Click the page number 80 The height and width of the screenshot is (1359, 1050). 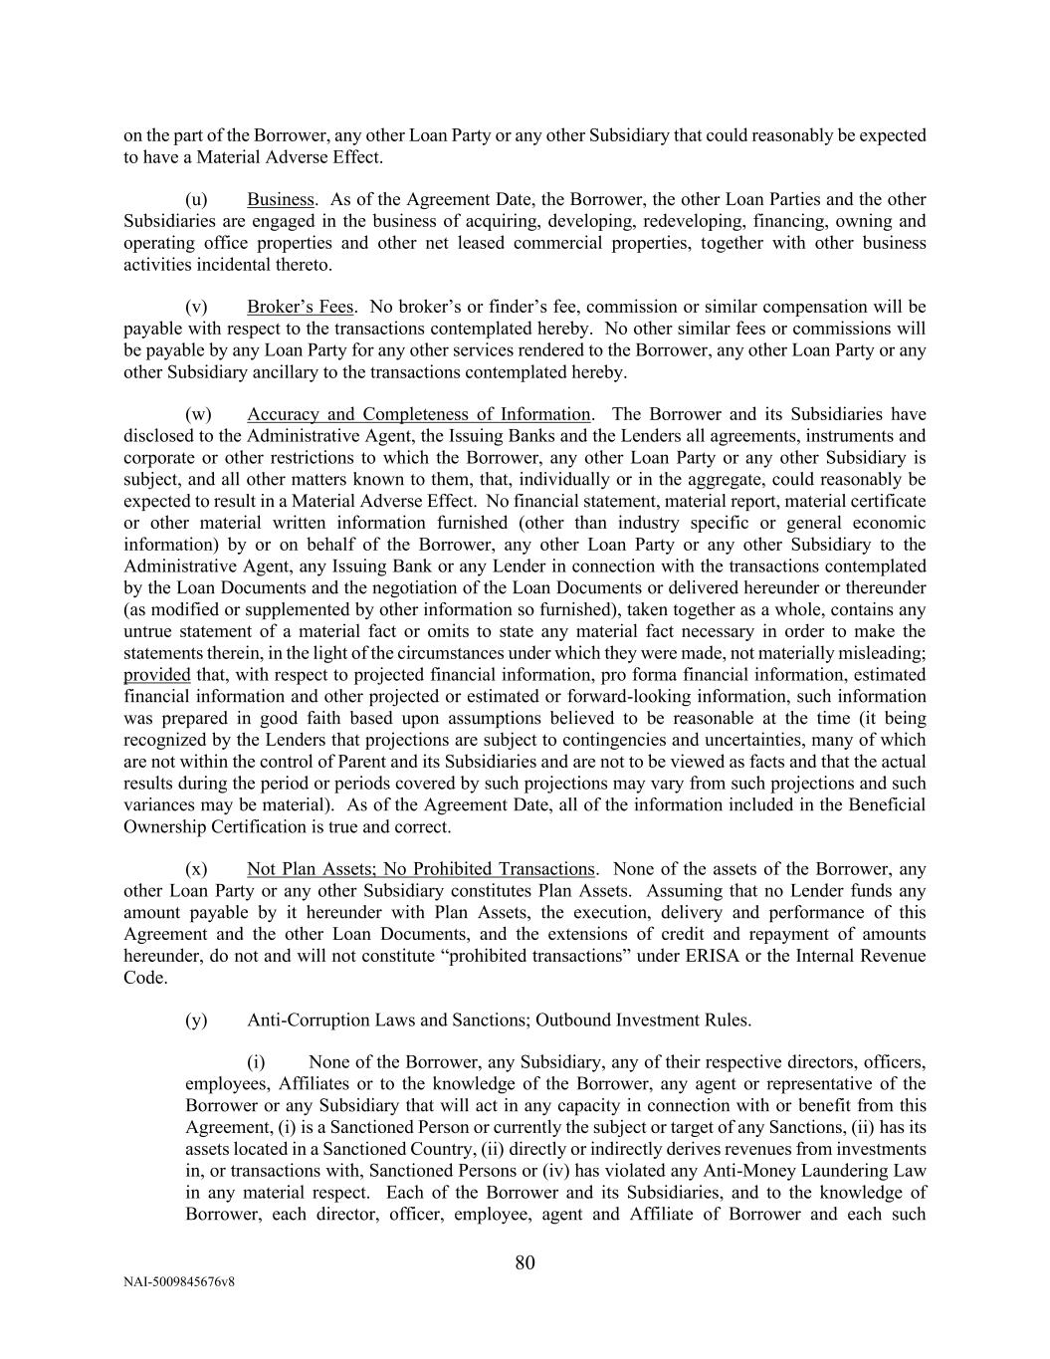tap(525, 1263)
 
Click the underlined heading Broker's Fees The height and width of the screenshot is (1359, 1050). tap(300, 307)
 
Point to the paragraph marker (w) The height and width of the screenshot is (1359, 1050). tap(198, 414)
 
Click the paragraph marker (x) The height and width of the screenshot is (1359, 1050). tap(196, 869)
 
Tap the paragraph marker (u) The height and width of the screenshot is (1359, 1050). tap(196, 199)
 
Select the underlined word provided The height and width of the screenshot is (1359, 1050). tap(156, 675)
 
